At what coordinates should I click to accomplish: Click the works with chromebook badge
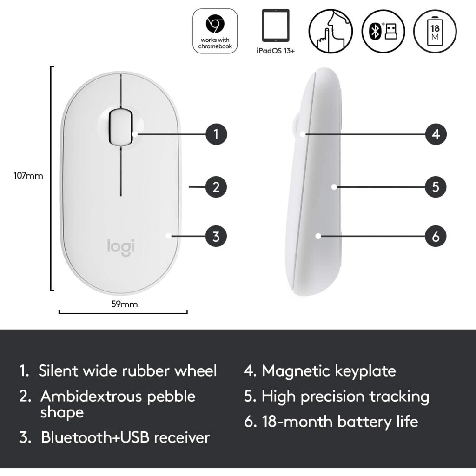click(215, 31)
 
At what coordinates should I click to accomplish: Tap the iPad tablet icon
click(276, 25)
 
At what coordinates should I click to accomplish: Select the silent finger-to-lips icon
click(331, 31)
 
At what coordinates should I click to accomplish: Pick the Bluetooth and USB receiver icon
click(383, 31)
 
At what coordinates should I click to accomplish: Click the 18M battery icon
click(435, 31)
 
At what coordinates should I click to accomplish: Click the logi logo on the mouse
click(121, 247)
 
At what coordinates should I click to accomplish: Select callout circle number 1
click(216, 134)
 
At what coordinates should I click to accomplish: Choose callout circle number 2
click(216, 187)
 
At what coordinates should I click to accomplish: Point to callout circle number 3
click(216, 236)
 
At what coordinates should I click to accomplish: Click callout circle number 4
click(436, 134)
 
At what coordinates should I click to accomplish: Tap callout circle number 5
click(436, 187)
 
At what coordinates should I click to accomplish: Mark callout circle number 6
click(436, 236)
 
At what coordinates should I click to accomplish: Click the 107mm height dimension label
click(28, 176)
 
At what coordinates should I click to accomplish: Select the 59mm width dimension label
click(125, 304)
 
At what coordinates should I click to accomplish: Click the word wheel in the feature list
click(196, 371)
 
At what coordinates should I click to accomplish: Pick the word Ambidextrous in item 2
click(91, 397)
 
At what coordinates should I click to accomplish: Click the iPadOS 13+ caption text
click(276, 51)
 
